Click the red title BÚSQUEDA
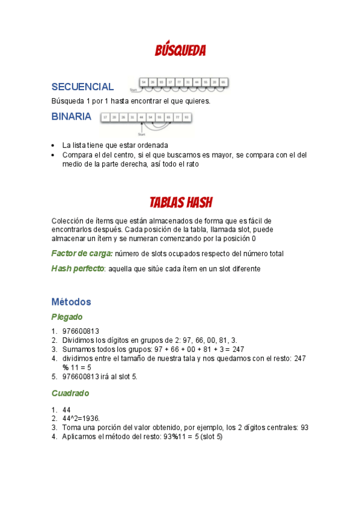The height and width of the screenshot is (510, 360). (180, 51)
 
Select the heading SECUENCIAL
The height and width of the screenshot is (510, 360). (82, 87)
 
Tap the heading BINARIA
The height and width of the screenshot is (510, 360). (72, 117)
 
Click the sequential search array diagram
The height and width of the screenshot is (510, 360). (183, 84)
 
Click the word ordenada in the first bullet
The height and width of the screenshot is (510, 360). (153, 146)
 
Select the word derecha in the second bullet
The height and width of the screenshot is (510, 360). (151, 164)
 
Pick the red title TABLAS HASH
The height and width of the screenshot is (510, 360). (180, 202)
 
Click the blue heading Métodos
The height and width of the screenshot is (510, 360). (71, 301)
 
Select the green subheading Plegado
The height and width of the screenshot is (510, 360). (67, 317)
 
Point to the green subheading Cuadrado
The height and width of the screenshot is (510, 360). (70, 393)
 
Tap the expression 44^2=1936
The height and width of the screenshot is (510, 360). (81, 418)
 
